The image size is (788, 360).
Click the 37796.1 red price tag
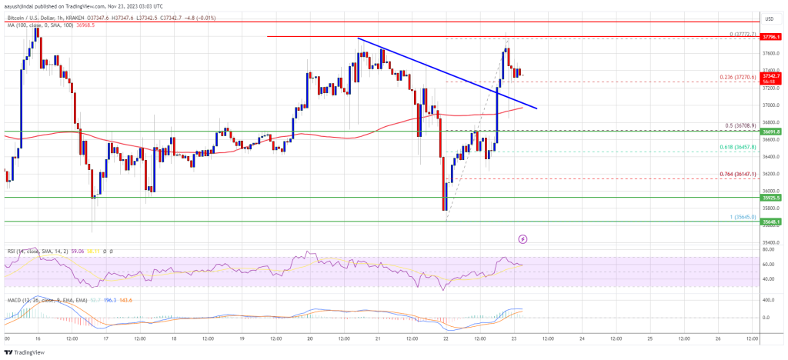click(771, 37)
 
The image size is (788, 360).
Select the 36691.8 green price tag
click(771, 132)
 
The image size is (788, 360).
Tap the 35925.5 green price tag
click(771, 197)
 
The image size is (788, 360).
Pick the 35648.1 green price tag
click(771, 222)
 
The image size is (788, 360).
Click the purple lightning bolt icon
click(523, 239)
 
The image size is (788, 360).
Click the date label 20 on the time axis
click(309, 338)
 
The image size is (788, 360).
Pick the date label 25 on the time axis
click(650, 338)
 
